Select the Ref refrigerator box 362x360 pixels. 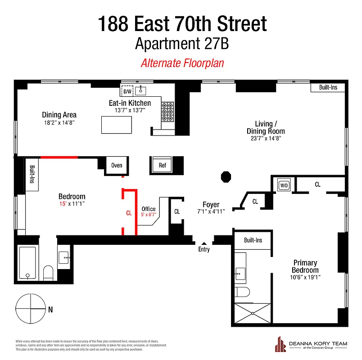pos(162,165)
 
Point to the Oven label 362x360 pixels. pos(117,165)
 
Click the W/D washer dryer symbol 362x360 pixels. pos(284,185)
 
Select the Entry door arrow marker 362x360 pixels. pos(204,243)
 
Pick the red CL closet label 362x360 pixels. pos(129,213)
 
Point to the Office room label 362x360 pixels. pos(149,209)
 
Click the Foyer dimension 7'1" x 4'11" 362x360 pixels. pos(211,211)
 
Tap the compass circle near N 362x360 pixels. pos(31,309)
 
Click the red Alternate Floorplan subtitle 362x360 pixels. pos(182,63)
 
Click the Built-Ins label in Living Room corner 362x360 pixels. pos(328,87)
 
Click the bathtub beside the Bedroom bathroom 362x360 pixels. pos(28,263)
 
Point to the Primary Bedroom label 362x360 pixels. pos(305,266)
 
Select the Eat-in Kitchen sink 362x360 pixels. pos(141,90)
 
